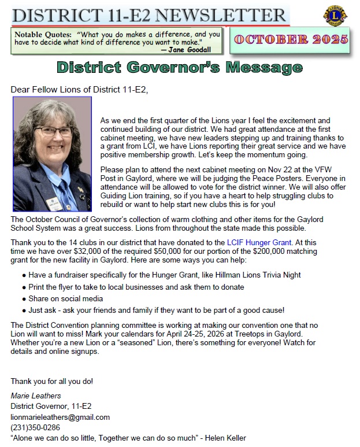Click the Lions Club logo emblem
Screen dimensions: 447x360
pos(335,16)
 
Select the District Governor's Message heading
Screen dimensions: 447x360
pos(180,68)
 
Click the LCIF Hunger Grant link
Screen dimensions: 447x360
pos(259,243)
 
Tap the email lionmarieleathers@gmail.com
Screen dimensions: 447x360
pos(60,417)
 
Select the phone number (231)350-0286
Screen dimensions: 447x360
pos(35,427)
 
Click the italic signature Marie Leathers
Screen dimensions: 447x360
pos(35,396)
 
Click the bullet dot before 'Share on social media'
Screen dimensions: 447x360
pos(24,299)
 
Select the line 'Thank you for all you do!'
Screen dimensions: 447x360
pos(52,381)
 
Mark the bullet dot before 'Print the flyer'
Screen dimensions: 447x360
pos(24,287)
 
